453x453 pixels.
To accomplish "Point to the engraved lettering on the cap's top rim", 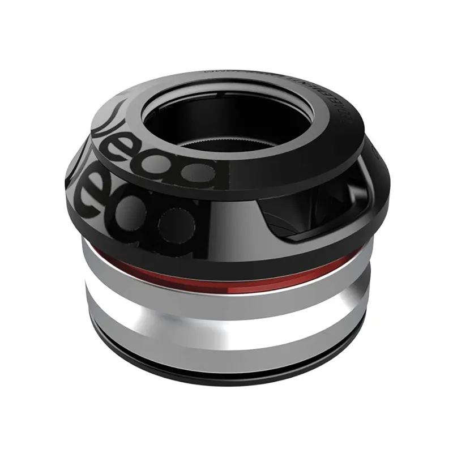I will (266, 76).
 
